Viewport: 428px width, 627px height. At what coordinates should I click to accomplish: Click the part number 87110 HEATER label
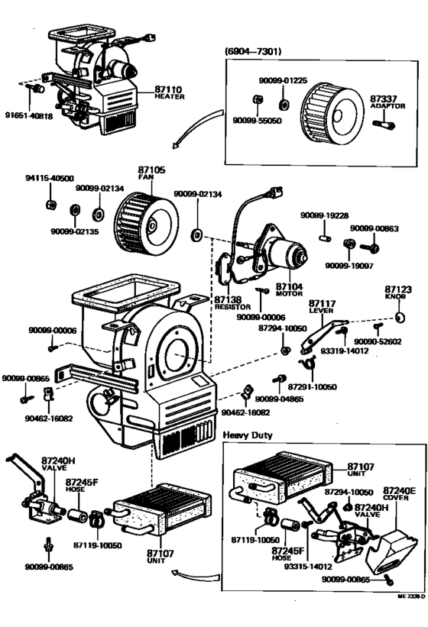(x=154, y=92)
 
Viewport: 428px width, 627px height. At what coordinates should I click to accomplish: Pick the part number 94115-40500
(x=48, y=178)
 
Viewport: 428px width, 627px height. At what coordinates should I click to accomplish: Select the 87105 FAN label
(x=146, y=173)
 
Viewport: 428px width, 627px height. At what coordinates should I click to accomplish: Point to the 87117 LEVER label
(x=323, y=307)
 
